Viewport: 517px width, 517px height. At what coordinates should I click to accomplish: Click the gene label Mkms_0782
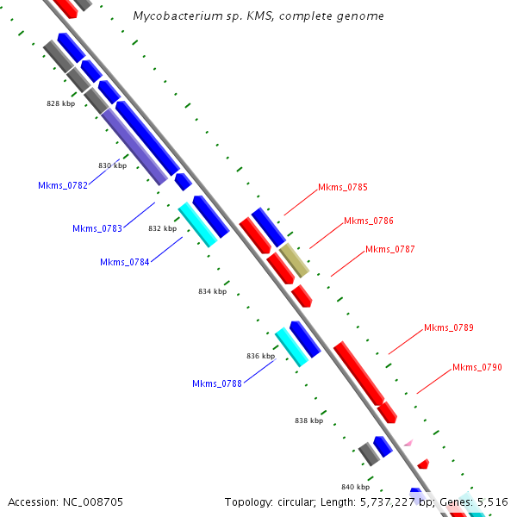point(63,185)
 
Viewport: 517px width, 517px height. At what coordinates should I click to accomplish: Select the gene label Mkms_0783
point(97,228)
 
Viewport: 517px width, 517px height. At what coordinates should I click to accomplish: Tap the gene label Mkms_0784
point(125,262)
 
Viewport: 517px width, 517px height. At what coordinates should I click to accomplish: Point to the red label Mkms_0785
point(343,187)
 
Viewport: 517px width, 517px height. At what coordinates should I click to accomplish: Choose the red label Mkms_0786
point(369,221)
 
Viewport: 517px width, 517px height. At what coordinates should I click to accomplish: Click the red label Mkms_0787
point(390,249)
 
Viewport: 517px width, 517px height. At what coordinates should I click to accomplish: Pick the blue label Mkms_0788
point(217,383)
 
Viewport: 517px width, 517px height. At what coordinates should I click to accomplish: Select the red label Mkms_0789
point(449,327)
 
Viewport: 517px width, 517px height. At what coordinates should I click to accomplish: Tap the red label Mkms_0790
point(477,367)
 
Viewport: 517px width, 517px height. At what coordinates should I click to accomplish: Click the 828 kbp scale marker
point(60,103)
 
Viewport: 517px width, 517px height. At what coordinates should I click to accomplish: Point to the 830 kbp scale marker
point(112,165)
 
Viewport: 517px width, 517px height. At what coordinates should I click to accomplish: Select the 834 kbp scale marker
point(212,291)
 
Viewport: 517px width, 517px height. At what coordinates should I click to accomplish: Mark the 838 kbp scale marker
point(308,420)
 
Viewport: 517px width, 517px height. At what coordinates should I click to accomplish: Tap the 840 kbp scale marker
point(355,486)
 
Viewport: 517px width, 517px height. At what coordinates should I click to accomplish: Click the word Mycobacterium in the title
point(174,16)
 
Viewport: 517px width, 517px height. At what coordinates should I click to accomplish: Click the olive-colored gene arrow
point(294,260)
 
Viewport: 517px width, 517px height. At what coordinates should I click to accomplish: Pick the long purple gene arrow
point(134,146)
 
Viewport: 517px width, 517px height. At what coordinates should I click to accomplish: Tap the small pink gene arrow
point(408,443)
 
